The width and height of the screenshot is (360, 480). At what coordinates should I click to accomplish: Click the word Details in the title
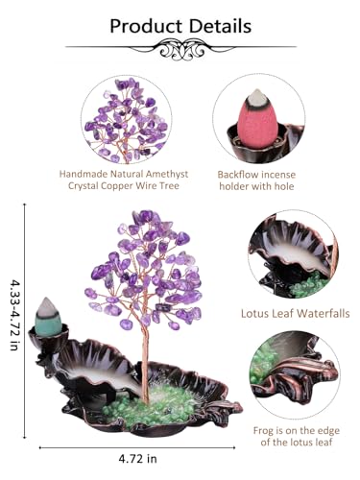(x=220, y=25)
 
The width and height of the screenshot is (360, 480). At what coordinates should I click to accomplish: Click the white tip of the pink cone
(x=259, y=98)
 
